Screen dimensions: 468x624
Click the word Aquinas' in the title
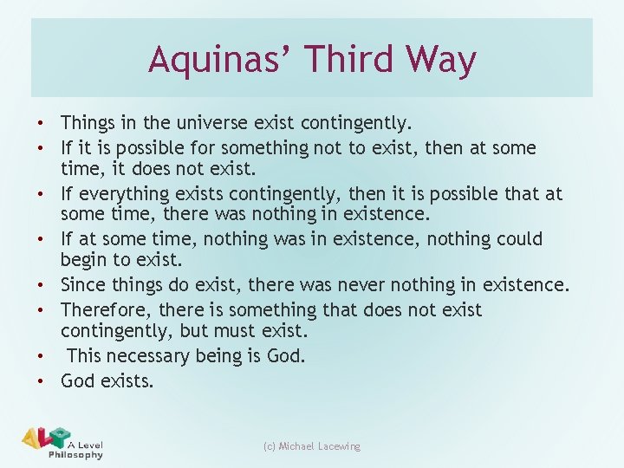coord(206,60)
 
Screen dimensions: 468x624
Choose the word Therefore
coord(103,309)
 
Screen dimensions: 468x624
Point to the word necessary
coord(149,356)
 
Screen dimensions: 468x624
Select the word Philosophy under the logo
coord(76,455)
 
